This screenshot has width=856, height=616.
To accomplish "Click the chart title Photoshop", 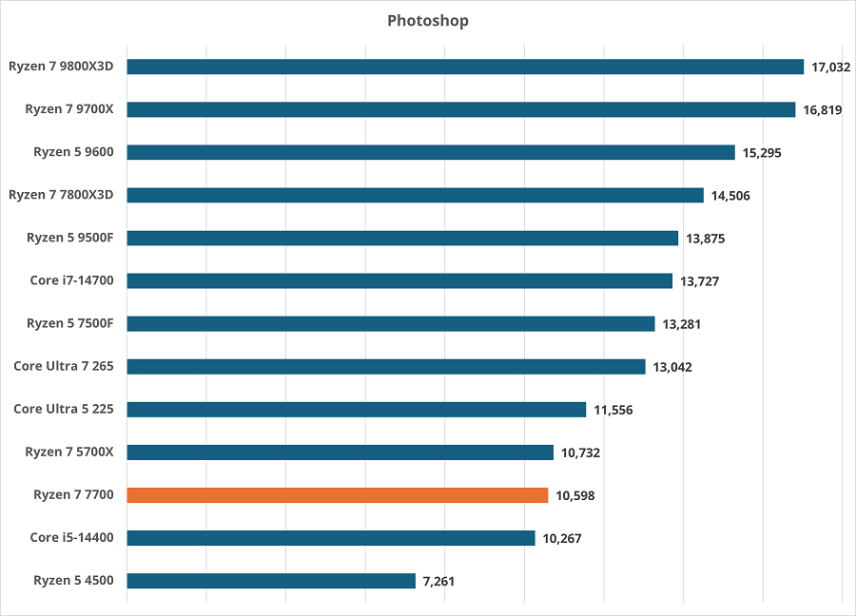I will [427, 20].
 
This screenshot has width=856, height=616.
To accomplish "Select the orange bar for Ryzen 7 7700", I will [338, 495].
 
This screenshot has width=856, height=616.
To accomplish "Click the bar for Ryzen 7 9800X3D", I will [465, 67].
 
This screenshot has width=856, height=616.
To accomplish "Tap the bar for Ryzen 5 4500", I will [271, 581].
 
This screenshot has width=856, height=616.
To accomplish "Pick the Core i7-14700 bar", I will [399, 280].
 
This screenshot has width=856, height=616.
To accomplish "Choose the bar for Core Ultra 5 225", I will [356, 410].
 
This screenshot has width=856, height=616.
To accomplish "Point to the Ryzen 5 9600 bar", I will [431, 152].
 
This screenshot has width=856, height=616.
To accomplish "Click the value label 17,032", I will [830, 67].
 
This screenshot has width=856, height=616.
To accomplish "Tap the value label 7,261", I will [438, 581].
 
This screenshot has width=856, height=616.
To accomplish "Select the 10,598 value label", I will [575, 495].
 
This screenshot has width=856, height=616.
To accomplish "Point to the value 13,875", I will [705, 239].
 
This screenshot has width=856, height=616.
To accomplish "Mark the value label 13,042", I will [672, 367].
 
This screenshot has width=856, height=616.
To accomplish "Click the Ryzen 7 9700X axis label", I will [69, 109].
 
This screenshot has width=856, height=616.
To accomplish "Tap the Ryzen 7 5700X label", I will [69, 452].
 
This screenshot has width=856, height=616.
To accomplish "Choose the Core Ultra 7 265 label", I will [64, 367].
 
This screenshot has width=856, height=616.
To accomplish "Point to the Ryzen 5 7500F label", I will [70, 324].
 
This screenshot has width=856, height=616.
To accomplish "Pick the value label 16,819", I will [823, 110].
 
